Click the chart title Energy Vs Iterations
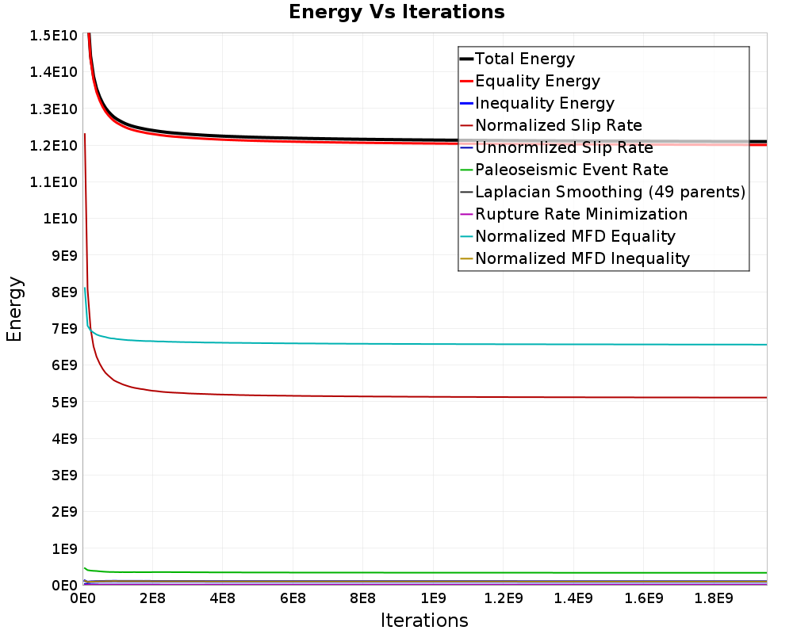tap(396, 12)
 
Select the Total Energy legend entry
tap(517, 59)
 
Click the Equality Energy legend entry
tap(530, 81)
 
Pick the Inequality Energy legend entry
tap(537, 103)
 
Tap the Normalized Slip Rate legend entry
tap(551, 125)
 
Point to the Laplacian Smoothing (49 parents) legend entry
tap(603, 192)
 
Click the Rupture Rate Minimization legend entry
tap(574, 214)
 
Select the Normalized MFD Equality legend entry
tap(568, 237)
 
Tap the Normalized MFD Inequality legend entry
tap(575, 259)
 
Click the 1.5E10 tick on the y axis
tap(54, 36)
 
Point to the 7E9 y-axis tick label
tap(65, 329)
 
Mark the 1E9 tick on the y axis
tap(65, 548)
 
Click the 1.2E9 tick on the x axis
tap(504, 598)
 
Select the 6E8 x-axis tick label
tap(293, 598)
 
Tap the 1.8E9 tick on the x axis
tap(714, 598)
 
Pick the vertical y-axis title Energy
tap(14, 309)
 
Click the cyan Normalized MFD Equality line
tap(425, 344)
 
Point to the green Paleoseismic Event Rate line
tap(425, 572)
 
